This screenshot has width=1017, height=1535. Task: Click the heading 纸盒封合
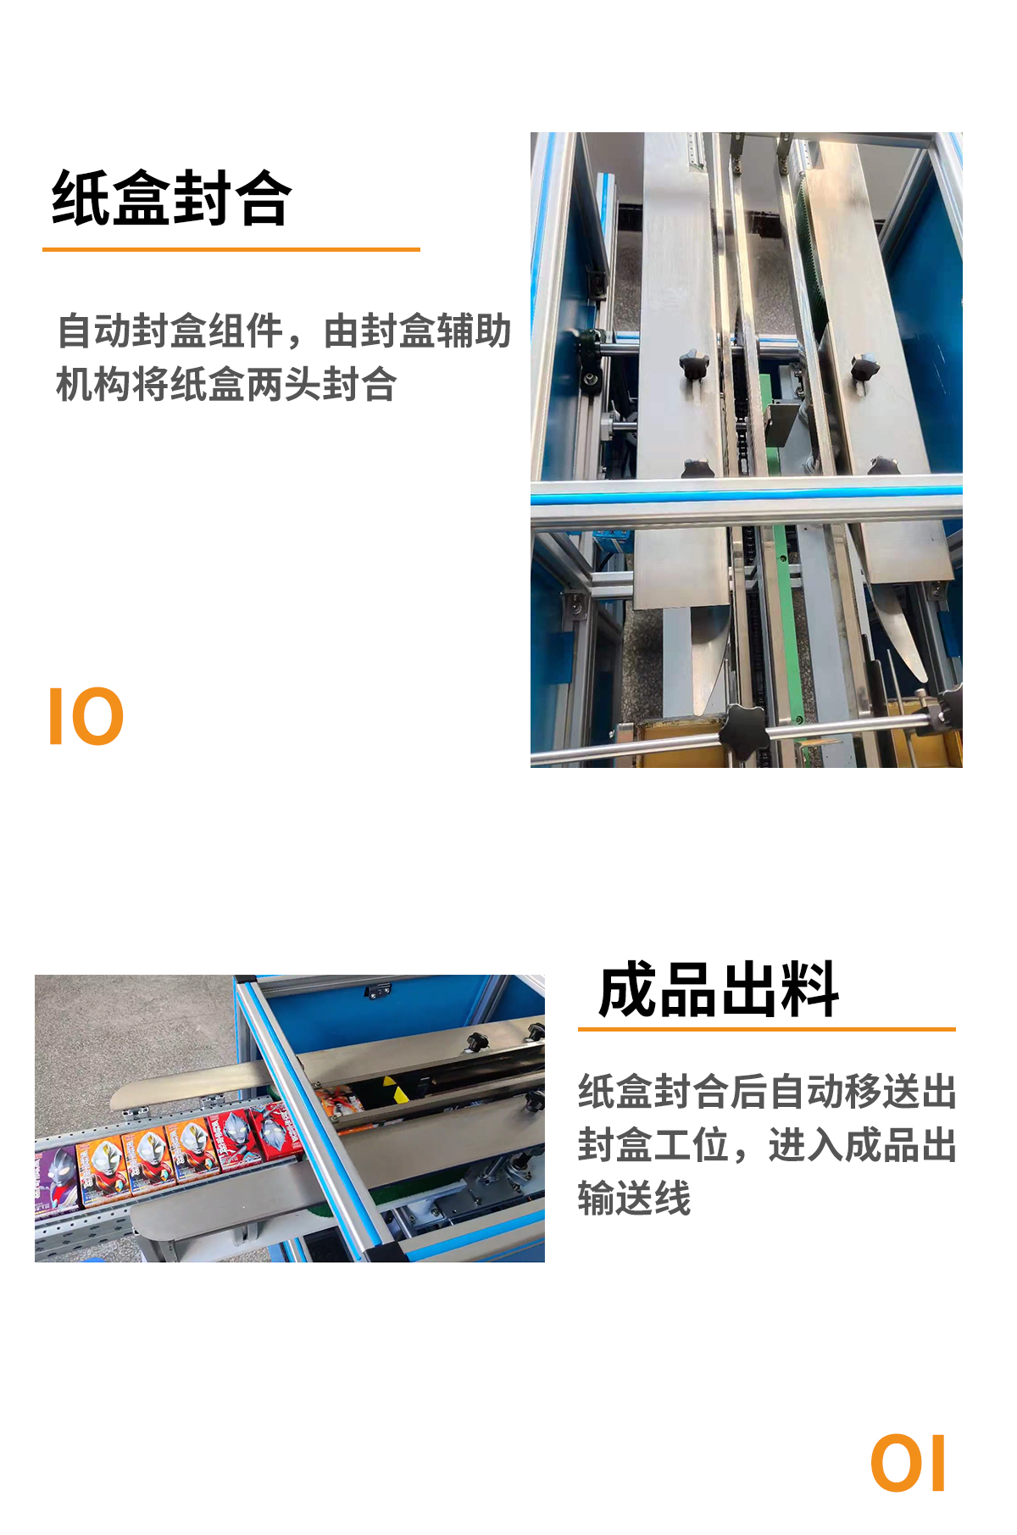coord(172,198)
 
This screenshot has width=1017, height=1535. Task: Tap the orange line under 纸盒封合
coord(231,249)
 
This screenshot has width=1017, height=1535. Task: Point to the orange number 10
coord(86,717)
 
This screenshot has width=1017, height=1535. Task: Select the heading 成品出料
coord(719,989)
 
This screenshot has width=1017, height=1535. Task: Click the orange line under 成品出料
coord(767,1029)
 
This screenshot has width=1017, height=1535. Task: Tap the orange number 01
coord(908,1464)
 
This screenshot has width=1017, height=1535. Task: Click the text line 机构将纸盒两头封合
coord(226,384)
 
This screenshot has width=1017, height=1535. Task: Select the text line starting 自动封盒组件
coord(284,331)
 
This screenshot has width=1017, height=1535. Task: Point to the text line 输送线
coord(635,1199)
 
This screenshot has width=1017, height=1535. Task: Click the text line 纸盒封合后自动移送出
coord(768,1092)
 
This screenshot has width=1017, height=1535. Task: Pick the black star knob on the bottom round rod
coord(745,730)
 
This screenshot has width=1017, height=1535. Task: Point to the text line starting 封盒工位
coord(768,1145)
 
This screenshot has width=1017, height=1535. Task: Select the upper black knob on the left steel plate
coord(694,366)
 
